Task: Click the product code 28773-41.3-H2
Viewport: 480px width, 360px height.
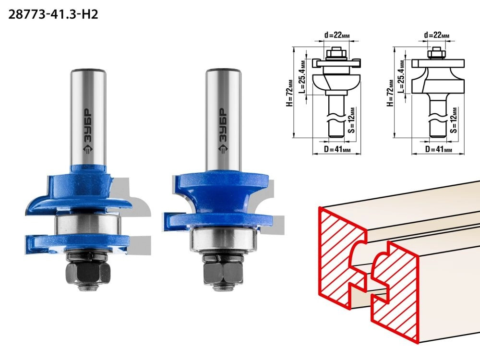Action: [53, 14]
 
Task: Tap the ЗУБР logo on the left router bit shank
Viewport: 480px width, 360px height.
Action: [88, 131]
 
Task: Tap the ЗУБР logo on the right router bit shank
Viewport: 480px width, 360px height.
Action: [223, 131]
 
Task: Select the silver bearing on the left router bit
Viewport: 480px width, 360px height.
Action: [87, 226]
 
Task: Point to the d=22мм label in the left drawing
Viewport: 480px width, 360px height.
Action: [337, 35]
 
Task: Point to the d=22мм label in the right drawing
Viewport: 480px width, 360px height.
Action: [437, 35]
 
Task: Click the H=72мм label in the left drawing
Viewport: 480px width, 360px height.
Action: [289, 93]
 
